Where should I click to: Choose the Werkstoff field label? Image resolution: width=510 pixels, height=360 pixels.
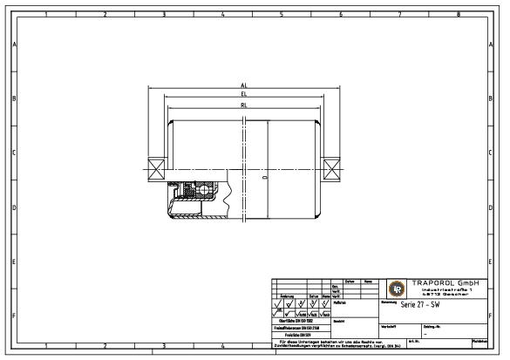[390, 326]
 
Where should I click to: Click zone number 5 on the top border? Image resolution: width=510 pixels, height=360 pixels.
[281, 14]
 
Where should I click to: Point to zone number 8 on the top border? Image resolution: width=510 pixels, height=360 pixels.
[459, 14]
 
